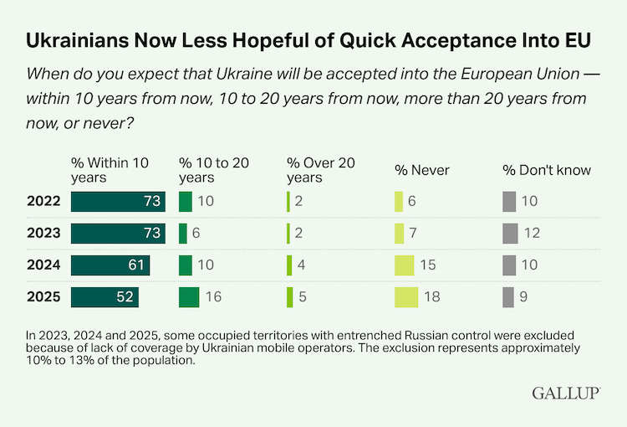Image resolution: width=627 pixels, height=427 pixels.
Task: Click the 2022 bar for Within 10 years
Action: pos(118,202)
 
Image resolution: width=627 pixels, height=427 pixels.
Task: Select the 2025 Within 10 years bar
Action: pos(104,297)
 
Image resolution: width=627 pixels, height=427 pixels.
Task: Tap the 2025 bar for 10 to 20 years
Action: pos(189,297)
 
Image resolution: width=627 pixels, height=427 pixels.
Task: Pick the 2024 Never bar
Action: pos(405,265)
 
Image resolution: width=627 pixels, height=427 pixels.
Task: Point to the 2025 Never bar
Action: pos(406,297)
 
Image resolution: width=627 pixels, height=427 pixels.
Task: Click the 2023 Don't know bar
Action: pos(509,234)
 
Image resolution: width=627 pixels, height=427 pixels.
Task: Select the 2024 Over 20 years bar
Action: pos(289,265)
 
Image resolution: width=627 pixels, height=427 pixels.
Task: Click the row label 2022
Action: pos(42,202)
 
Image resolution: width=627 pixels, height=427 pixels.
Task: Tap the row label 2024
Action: pos(42,265)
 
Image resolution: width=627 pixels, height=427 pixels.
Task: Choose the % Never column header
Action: pos(422,170)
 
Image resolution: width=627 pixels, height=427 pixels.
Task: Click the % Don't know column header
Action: pos(547,170)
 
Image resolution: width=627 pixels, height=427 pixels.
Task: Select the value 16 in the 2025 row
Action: pos(213,297)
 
